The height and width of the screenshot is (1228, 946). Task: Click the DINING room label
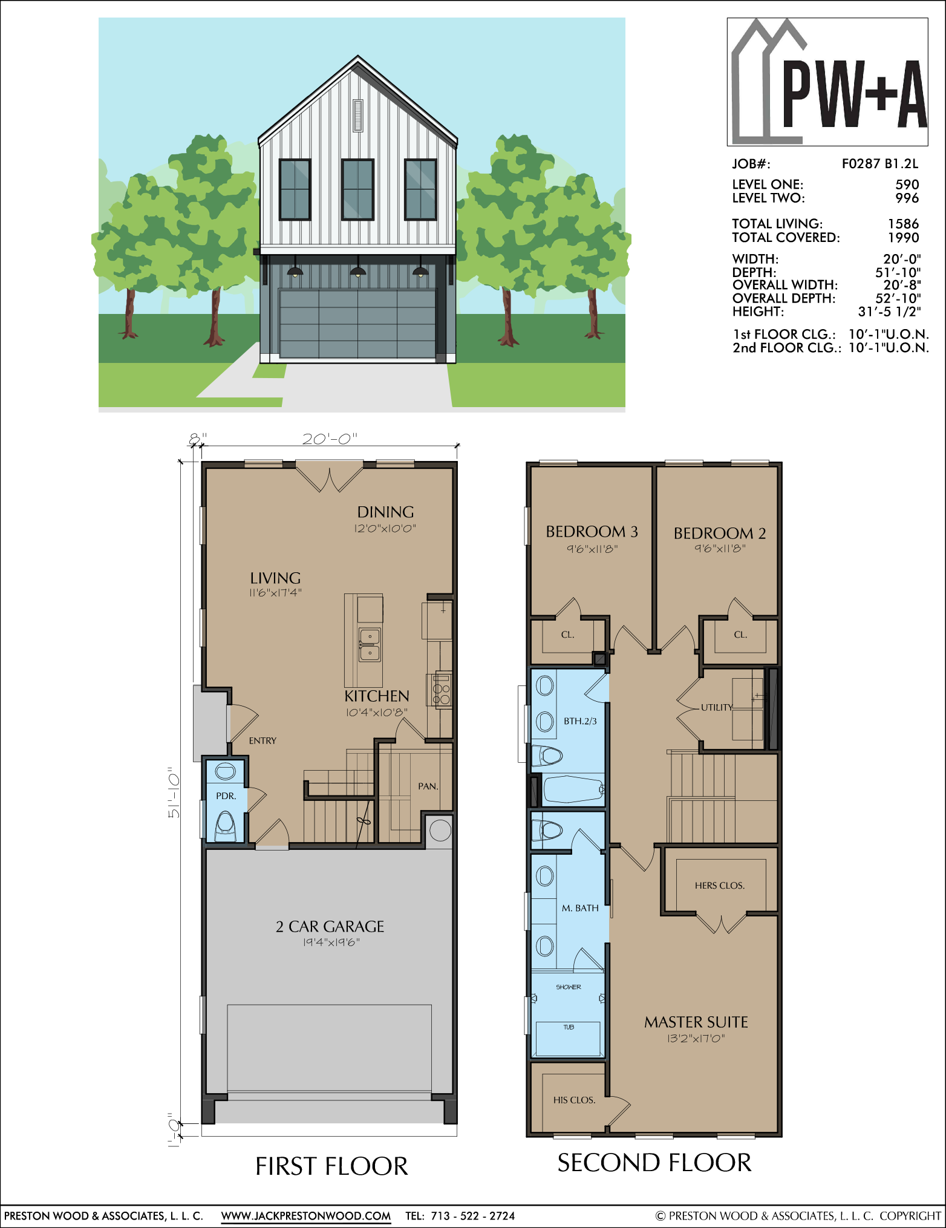pos(385,512)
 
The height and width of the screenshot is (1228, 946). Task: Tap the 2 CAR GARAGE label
pos(330,927)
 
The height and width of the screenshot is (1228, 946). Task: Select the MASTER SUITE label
pos(696,1022)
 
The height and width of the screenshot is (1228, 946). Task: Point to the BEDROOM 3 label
pos(592,532)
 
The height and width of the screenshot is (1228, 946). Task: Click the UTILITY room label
pos(717,707)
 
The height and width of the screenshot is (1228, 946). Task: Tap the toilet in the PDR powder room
pos(226,826)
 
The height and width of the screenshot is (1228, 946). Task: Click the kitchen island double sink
pos(370,645)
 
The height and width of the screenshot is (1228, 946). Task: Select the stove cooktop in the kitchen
pos(442,690)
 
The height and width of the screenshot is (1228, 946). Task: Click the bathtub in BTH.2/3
pos(573,789)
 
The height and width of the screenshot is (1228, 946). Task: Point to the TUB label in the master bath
pos(569,1027)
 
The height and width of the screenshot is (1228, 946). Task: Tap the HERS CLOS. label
pos(720,886)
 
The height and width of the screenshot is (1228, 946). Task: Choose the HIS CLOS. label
pos(574,1100)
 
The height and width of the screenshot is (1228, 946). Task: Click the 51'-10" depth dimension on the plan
pos(174,793)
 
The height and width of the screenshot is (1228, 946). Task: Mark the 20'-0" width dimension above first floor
pos(330,439)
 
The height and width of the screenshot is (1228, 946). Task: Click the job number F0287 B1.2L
pos(880,163)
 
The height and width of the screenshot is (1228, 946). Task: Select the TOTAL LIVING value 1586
pos(903,224)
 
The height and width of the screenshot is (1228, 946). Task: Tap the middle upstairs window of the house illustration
pos(357,189)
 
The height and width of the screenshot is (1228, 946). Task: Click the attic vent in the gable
pos(357,115)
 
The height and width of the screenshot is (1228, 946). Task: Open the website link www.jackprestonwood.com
pos(306,1215)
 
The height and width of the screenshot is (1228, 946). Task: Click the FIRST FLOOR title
pos(331,1166)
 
